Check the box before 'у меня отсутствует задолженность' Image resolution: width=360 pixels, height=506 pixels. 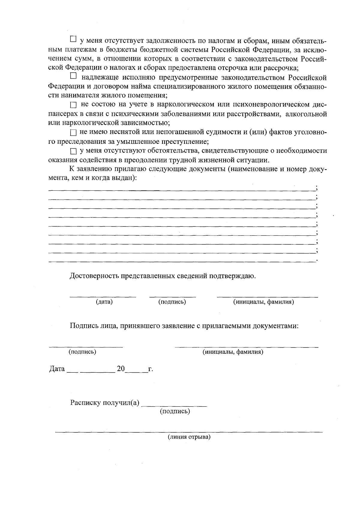[73, 39]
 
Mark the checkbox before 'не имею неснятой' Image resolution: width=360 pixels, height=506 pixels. [73, 133]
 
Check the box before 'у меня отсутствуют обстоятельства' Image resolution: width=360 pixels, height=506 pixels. [73, 151]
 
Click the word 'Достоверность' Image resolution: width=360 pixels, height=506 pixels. [94, 276]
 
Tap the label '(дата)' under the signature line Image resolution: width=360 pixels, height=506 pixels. [104, 302]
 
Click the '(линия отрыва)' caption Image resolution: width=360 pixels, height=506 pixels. [189, 437]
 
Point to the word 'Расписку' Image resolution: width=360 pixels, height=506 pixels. [85, 403]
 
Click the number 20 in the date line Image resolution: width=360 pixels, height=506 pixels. [121, 368]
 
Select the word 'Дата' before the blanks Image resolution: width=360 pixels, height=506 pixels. [57, 368]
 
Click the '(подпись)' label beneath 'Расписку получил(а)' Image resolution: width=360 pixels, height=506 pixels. [175, 411]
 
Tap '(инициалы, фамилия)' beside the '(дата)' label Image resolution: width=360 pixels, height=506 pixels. [263, 302]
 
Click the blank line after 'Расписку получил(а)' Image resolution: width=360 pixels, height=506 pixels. [174, 405]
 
